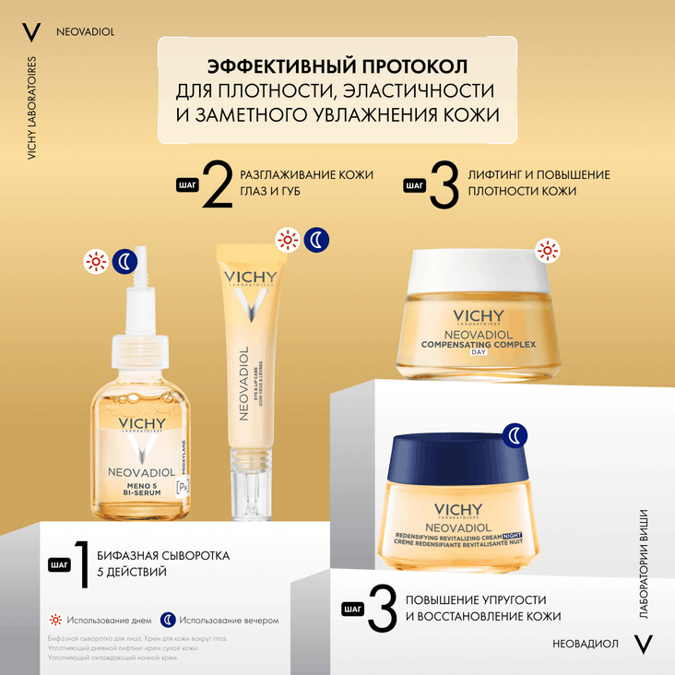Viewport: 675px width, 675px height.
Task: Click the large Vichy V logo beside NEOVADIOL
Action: click(x=30, y=31)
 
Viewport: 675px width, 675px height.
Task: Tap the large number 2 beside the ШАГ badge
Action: click(x=217, y=186)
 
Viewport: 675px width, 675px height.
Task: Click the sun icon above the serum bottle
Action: click(x=95, y=262)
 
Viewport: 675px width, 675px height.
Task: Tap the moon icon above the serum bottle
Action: click(x=124, y=262)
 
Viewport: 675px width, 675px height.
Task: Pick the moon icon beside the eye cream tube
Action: click(x=316, y=240)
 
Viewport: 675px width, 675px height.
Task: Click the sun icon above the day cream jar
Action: click(x=548, y=250)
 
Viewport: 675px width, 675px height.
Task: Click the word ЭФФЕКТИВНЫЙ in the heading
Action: click(x=257, y=67)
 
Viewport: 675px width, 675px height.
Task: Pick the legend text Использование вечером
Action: click(x=229, y=621)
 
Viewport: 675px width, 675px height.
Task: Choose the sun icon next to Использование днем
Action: click(x=55, y=620)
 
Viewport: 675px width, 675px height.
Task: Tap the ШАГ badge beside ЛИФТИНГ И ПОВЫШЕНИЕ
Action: click(x=415, y=185)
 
